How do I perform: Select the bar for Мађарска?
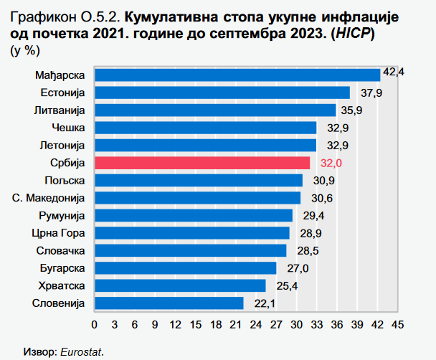coord(237,75)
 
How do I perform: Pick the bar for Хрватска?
coord(180,285)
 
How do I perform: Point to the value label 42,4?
coord(394,72)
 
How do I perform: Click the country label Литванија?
coord(60,110)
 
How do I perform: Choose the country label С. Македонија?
coord(49,198)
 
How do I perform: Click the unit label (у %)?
coord(26,49)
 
